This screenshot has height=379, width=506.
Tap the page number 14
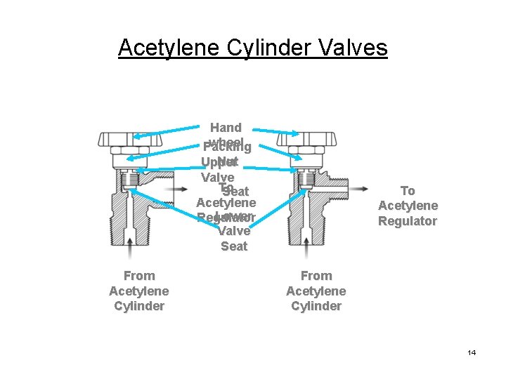(471, 352)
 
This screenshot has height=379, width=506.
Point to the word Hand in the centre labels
(226, 128)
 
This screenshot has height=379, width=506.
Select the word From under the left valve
(138, 276)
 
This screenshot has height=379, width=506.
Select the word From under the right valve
(316, 276)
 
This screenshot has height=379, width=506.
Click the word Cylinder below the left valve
(138, 306)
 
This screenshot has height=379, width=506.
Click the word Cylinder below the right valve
(316, 306)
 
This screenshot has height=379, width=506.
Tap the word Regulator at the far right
(408, 221)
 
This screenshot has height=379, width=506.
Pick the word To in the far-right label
(408, 191)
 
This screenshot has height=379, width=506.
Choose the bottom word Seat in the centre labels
(234, 246)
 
